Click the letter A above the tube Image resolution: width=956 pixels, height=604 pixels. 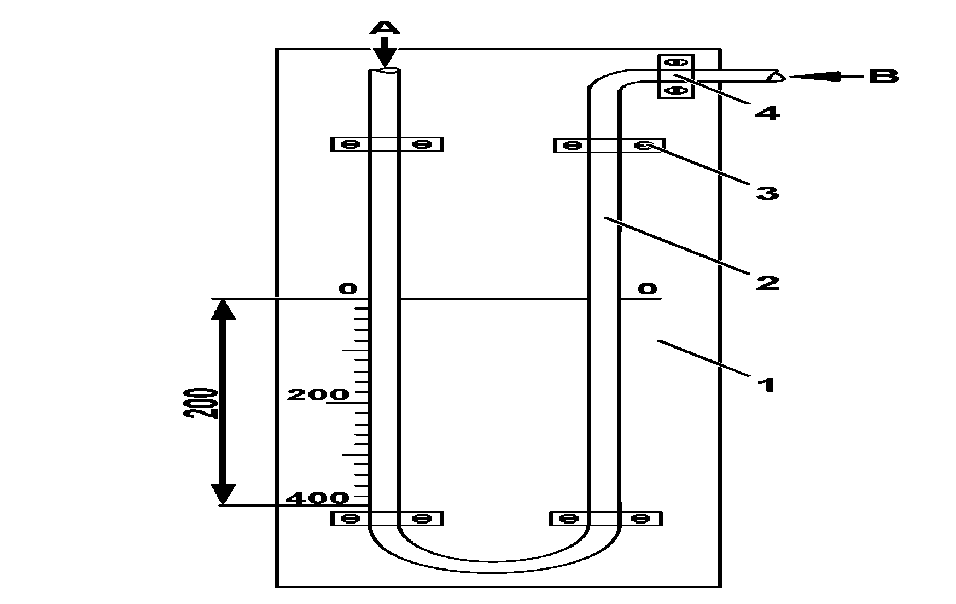(386, 27)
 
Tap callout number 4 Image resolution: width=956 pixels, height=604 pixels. (767, 113)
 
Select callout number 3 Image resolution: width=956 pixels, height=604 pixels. (767, 193)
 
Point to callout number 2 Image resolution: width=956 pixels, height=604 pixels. (767, 282)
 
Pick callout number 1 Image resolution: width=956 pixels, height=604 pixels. (767, 384)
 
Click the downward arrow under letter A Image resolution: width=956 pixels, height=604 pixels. (386, 51)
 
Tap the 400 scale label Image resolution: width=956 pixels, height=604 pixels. (317, 497)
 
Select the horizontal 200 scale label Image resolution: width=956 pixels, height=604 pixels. (318, 394)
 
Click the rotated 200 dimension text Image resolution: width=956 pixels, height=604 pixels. (200, 403)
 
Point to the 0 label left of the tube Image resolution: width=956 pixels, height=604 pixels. (348, 288)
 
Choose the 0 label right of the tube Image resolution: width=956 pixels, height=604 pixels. (648, 288)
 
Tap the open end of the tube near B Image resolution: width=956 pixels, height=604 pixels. (777, 77)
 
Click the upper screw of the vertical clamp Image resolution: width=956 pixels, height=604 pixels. (676, 62)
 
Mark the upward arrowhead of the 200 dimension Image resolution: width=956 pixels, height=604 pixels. (223, 310)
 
